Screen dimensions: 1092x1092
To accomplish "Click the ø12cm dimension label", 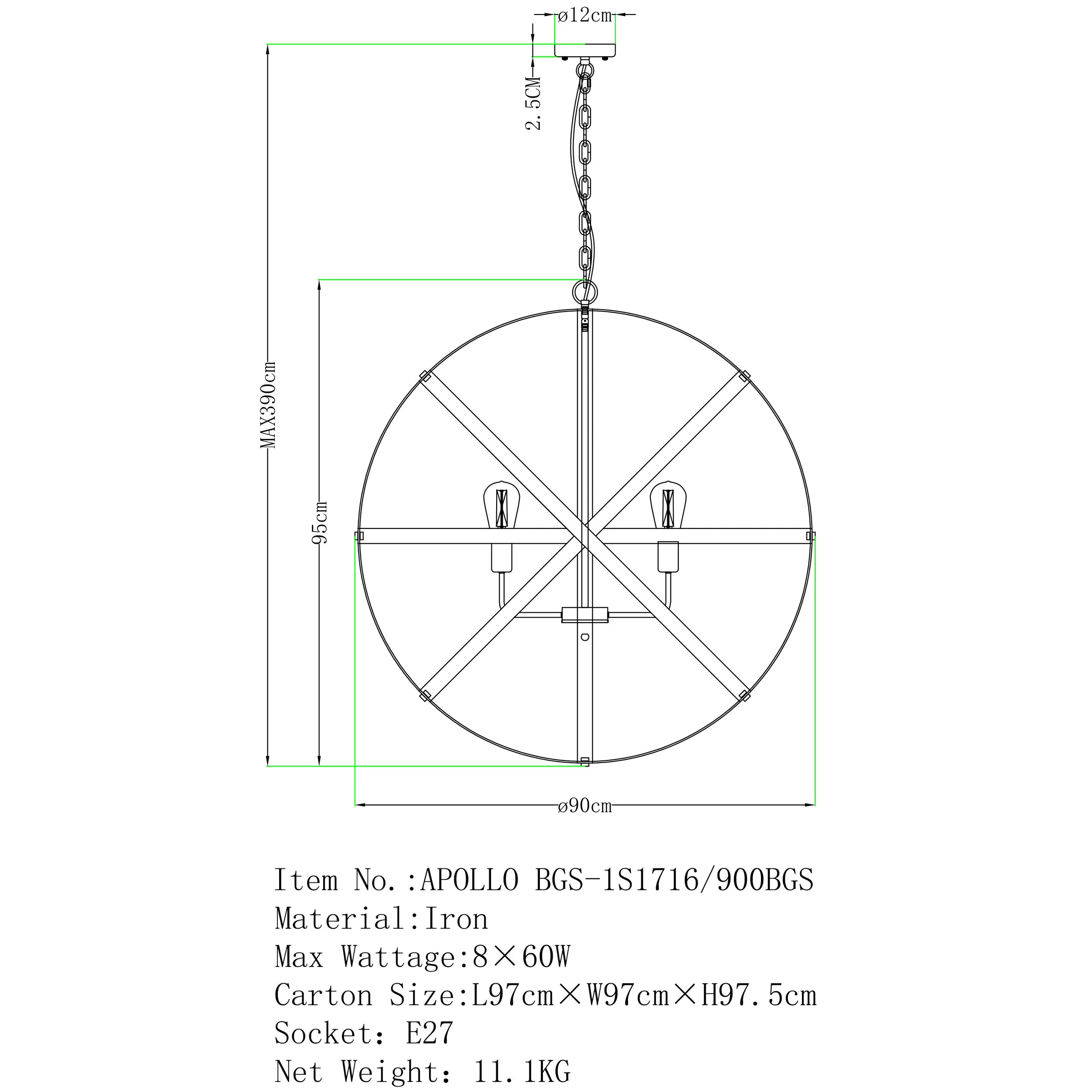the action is coord(584,15).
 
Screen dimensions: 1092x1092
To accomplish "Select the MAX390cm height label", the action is coord(268,405).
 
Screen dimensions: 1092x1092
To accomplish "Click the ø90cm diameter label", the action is coord(584,805).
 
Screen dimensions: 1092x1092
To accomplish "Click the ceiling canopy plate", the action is coord(585,51).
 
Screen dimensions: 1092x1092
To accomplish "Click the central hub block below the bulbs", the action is coord(585,615).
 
